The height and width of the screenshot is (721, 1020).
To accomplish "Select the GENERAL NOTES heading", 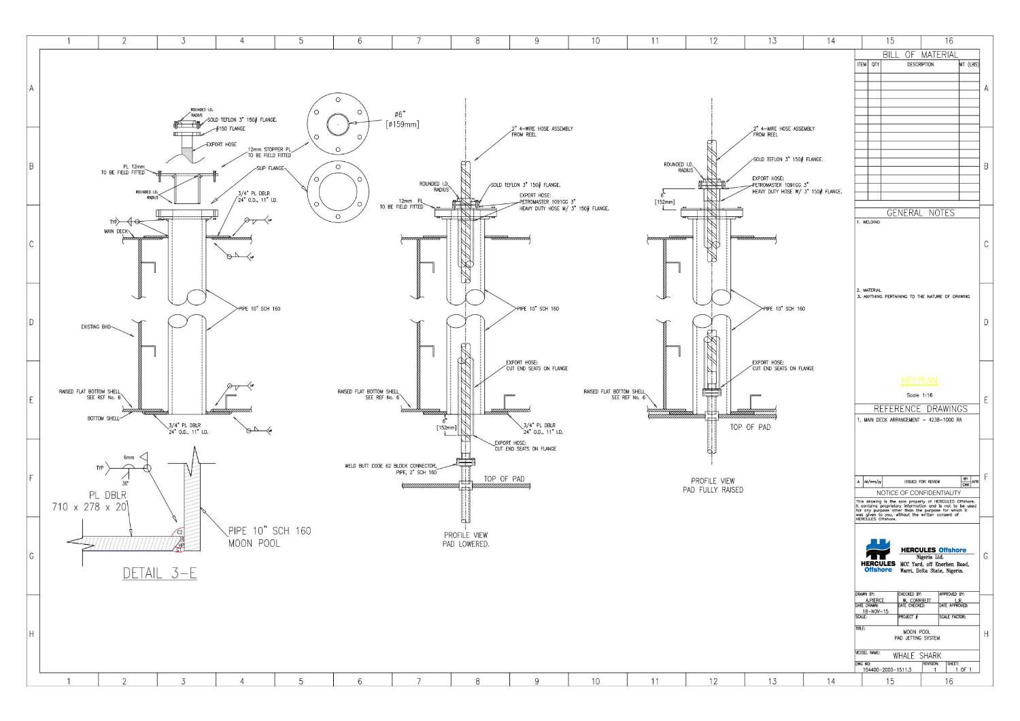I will coord(920,213).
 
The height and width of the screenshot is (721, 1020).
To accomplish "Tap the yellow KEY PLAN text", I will coord(919,381).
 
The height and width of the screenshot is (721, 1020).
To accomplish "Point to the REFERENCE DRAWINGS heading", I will coord(920,409).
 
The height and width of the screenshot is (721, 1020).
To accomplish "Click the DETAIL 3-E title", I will coord(160,573).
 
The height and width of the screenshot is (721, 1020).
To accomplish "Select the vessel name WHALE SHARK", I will coord(917,656).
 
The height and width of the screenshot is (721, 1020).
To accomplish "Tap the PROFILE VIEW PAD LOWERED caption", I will coord(466,539).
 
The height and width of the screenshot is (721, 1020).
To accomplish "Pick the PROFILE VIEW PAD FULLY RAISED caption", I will coord(713,485).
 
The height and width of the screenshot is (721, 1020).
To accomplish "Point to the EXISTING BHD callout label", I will coord(96,327).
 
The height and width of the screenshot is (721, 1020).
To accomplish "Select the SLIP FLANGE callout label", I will coord(270,167).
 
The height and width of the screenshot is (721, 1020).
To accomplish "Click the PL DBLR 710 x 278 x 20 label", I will coord(90,501).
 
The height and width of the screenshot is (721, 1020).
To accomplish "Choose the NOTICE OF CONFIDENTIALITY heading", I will coord(918,492).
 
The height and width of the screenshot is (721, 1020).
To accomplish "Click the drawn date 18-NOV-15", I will coord(874,611).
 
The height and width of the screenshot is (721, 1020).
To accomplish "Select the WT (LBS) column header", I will coord(968,65).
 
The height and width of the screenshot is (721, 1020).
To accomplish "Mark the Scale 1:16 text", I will coord(919,395).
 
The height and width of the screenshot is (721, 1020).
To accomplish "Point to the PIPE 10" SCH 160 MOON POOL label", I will coord(269,537).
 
